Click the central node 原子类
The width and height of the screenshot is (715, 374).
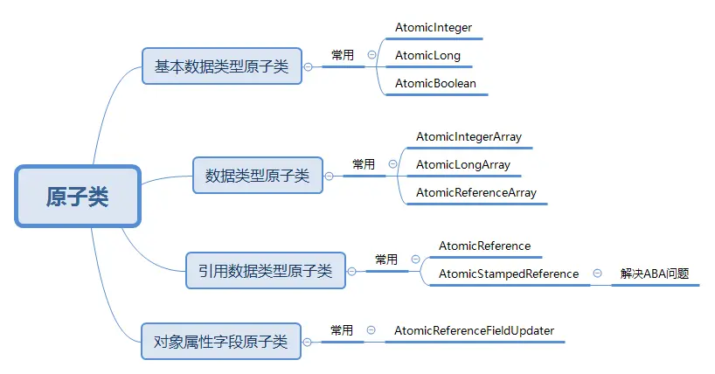(x=78, y=197)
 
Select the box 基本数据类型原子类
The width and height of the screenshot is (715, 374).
(x=221, y=66)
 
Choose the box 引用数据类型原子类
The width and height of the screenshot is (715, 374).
(x=265, y=271)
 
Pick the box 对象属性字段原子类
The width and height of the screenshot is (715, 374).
(x=220, y=341)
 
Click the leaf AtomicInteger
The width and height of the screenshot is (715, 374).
(x=433, y=28)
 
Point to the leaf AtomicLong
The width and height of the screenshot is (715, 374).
(x=427, y=56)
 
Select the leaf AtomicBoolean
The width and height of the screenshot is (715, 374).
(x=435, y=84)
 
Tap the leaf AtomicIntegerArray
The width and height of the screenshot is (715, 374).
(x=469, y=137)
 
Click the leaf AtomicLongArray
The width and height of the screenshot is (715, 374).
(x=463, y=164)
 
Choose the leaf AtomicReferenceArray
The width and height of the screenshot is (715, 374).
(x=476, y=192)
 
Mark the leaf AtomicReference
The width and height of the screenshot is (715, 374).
(x=484, y=246)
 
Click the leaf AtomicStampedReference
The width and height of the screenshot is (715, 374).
(x=508, y=274)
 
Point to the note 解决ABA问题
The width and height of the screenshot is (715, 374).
(x=655, y=274)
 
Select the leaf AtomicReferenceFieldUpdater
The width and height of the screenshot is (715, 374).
(x=474, y=330)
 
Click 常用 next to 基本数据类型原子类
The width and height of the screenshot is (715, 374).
(x=343, y=55)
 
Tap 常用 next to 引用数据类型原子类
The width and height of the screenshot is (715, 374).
(x=386, y=260)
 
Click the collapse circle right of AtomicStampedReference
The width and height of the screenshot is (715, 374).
(x=597, y=274)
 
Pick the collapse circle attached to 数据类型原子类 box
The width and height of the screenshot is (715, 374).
(x=329, y=176)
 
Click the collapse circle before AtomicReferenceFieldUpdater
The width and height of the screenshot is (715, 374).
(x=371, y=330)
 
